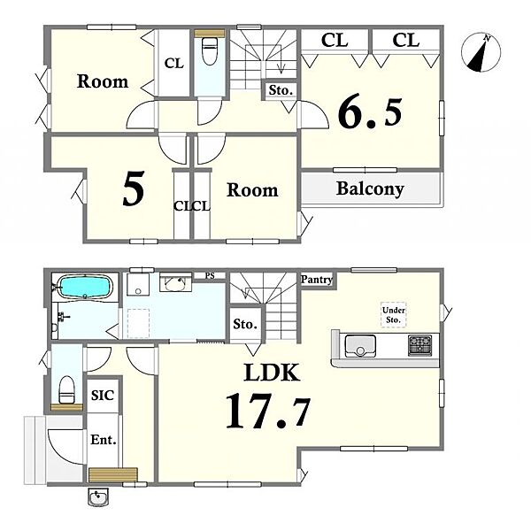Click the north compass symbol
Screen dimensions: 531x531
(x=481, y=52)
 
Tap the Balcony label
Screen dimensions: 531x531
(x=370, y=189)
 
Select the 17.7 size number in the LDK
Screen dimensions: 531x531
(x=267, y=412)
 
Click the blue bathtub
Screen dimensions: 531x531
(x=85, y=287)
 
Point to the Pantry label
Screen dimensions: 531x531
(x=317, y=280)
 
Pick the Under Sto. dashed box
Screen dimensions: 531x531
(x=394, y=314)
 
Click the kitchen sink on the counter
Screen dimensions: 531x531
(x=360, y=345)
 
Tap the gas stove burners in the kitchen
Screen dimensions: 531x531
(x=419, y=345)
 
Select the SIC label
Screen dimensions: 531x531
(x=103, y=396)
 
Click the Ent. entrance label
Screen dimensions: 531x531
(x=104, y=440)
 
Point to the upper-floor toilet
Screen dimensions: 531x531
(x=209, y=50)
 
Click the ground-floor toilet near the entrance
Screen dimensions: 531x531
(x=66, y=389)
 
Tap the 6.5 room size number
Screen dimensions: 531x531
(x=370, y=112)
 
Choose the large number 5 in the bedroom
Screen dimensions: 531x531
(x=134, y=189)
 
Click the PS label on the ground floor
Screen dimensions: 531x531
(x=210, y=275)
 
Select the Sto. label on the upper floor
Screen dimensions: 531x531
(x=281, y=90)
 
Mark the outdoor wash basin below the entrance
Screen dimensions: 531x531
(x=98, y=497)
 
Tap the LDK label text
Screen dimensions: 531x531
(x=272, y=373)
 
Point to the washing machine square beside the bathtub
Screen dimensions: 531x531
(x=138, y=285)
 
